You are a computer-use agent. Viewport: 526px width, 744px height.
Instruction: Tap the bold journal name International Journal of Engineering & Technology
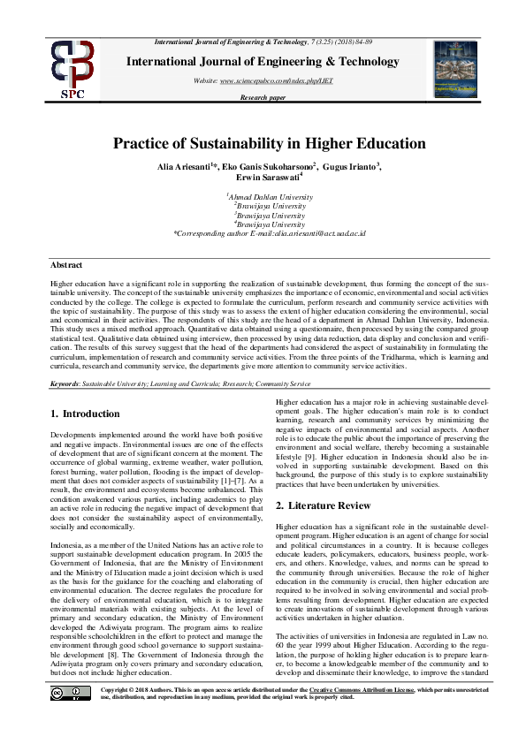[263, 62]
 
